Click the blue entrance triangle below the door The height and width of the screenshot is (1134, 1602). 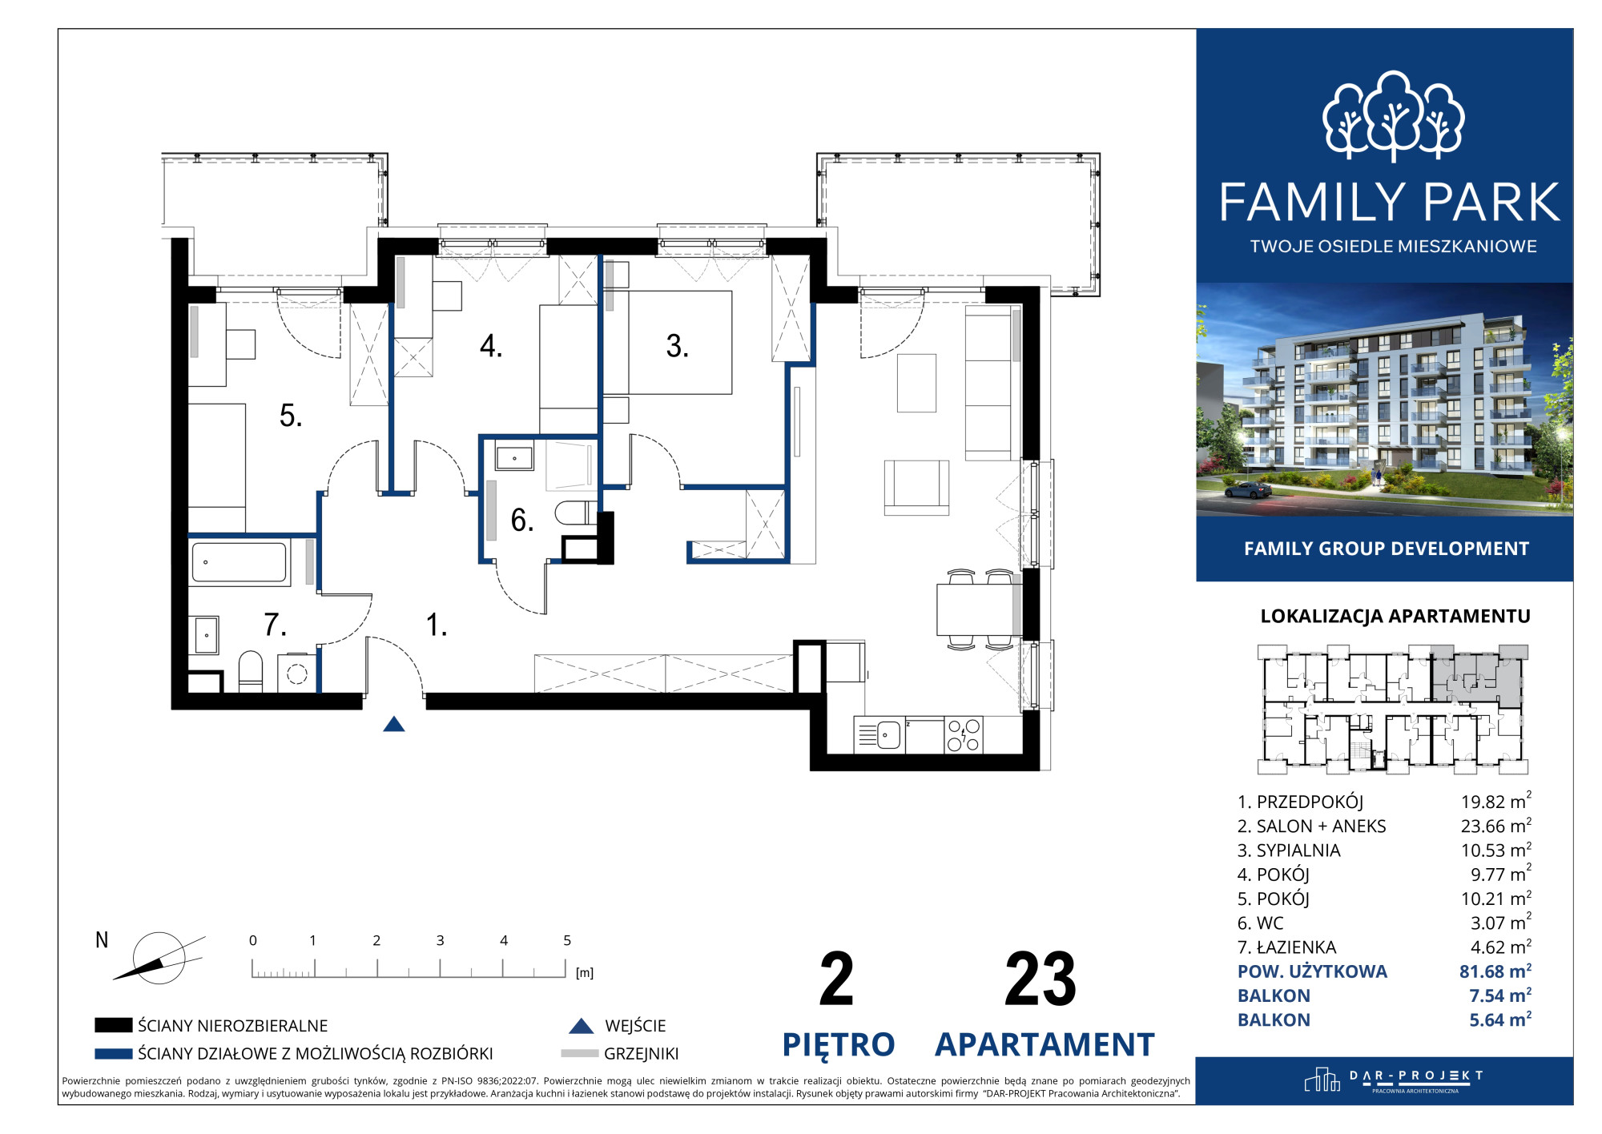coord(393,724)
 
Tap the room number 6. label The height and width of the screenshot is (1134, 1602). coord(522,521)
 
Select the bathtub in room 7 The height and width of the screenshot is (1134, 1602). coord(239,562)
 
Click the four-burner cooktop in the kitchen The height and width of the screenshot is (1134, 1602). coord(963,734)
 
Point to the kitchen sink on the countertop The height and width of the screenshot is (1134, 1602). coord(888,734)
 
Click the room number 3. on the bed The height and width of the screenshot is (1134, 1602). coord(677,346)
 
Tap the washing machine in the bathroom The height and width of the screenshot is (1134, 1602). coord(296,674)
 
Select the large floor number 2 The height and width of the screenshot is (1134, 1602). coord(836,979)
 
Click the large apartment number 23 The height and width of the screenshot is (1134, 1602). coord(1040,979)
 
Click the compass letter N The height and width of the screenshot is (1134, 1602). coord(102,940)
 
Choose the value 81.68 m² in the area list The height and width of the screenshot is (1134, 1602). coord(1495,971)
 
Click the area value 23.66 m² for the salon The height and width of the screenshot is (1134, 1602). coord(1495,826)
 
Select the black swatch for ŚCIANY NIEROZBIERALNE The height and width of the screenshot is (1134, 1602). coord(113,1025)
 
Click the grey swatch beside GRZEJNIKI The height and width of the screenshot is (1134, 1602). coord(579,1053)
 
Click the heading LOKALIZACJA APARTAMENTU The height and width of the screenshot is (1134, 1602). coord(1395,616)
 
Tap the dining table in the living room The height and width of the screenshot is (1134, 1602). coord(975,609)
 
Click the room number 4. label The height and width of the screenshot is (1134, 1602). coord(491,346)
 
